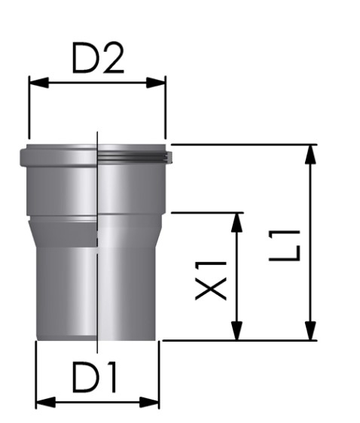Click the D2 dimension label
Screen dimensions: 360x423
click(98, 58)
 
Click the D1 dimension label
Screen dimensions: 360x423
click(94, 377)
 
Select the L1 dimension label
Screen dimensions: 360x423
click(285, 245)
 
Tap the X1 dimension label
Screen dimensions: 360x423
click(211, 281)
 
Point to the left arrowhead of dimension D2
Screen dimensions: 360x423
click(39, 83)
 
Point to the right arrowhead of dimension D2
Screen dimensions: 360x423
click(156, 83)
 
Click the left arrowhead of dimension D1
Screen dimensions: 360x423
click(46, 402)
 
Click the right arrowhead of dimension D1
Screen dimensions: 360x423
click(149, 402)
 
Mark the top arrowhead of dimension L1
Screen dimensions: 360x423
click(310, 154)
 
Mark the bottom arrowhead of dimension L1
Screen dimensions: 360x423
click(310, 330)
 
